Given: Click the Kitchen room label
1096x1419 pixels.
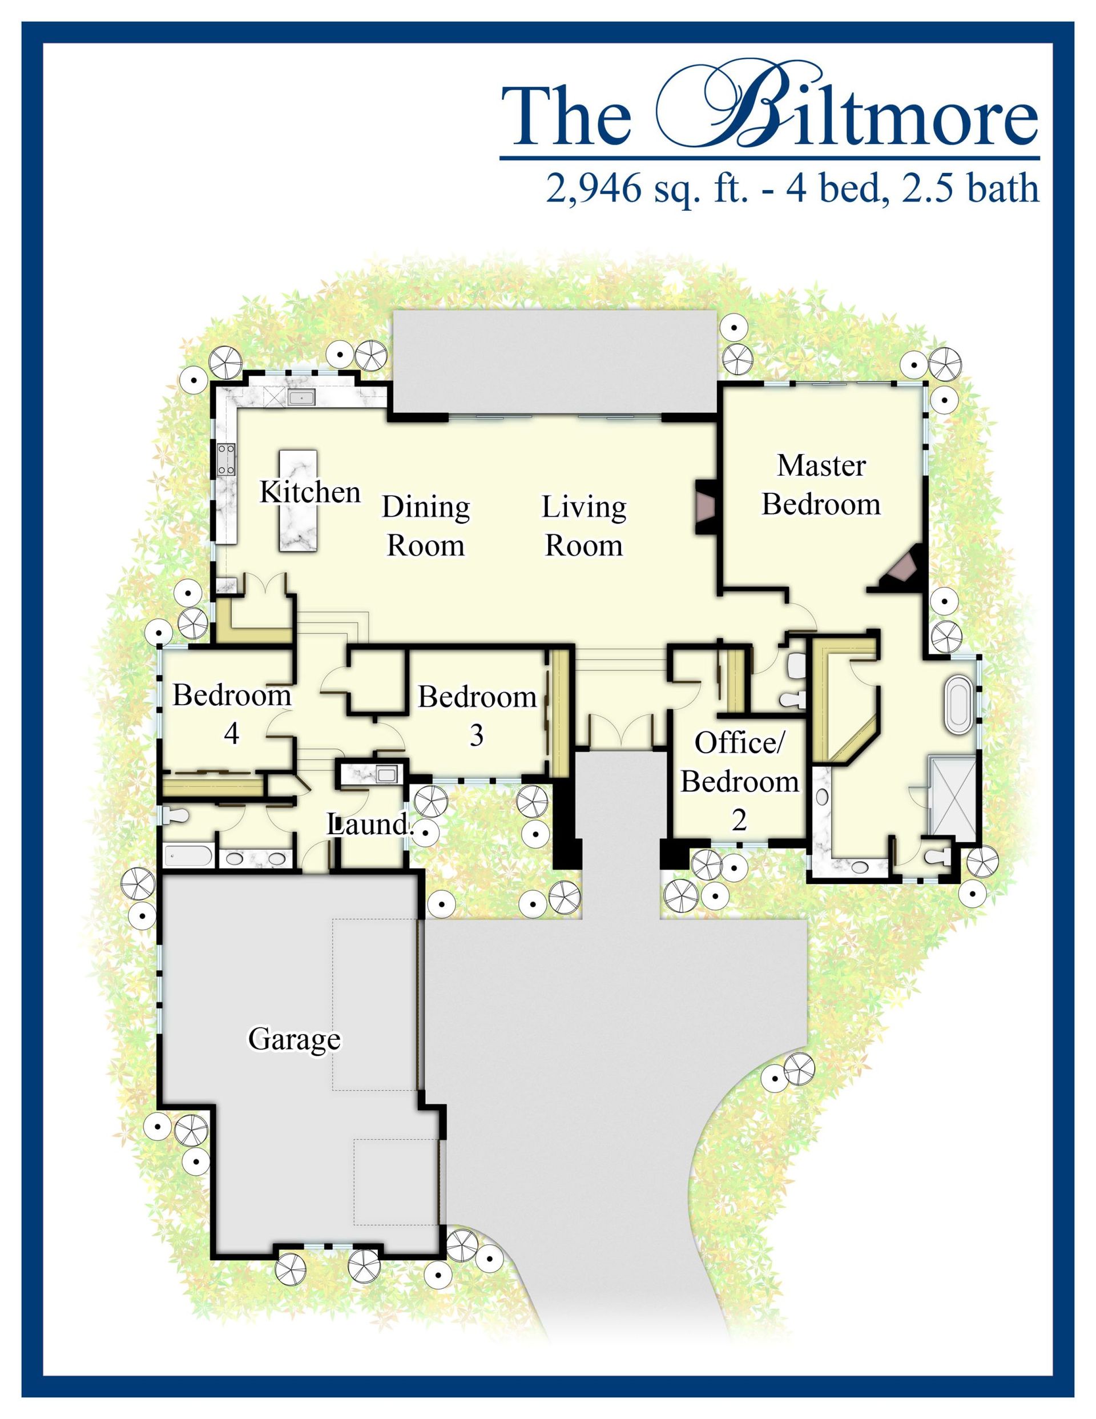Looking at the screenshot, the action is [x=310, y=492].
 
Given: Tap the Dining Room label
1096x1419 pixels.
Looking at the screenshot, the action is [x=425, y=526].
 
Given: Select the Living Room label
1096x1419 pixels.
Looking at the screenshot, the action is [x=584, y=526].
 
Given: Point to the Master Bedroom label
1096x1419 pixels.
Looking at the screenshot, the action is [x=821, y=485].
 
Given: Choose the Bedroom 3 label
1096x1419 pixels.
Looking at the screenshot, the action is [x=477, y=716].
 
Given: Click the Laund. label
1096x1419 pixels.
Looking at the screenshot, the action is [x=370, y=825].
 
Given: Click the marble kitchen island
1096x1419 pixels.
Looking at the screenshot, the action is [x=298, y=501].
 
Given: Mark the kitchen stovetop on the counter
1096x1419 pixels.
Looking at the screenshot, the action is [x=227, y=459].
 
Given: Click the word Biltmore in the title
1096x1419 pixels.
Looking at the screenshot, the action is [x=847, y=105].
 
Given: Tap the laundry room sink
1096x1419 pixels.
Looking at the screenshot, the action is [x=387, y=774].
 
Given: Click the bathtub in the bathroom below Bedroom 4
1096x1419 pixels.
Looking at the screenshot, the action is [x=188, y=856].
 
